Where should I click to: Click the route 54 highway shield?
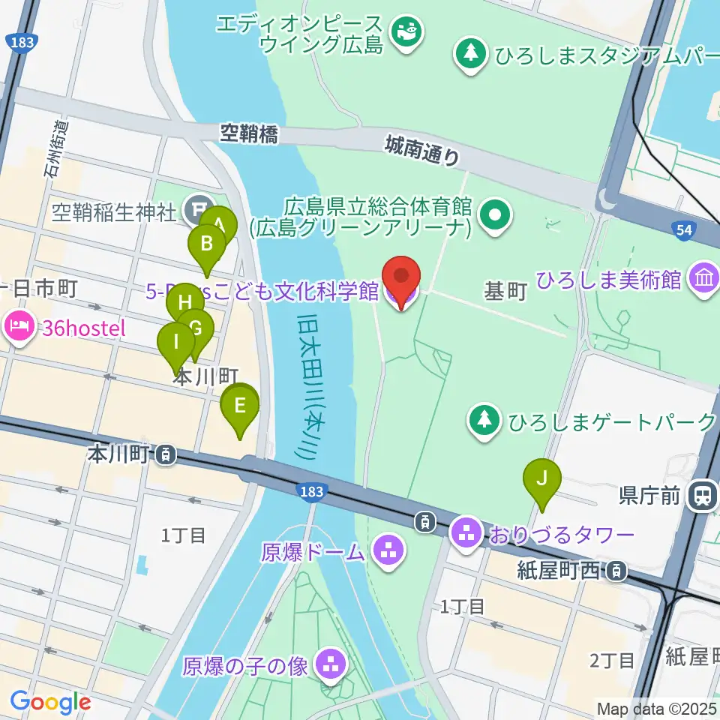click(x=683, y=231)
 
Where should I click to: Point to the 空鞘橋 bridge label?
click(x=249, y=134)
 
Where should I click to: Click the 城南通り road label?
click(x=422, y=148)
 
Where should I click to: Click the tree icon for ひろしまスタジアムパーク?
click(x=470, y=55)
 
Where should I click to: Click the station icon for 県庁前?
click(x=703, y=494)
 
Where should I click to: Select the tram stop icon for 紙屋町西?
click(x=616, y=571)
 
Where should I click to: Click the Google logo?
click(x=50, y=702)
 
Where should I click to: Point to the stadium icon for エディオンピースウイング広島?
click(x=407, y=32)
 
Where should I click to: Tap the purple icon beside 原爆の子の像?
click(x=331, y=663)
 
